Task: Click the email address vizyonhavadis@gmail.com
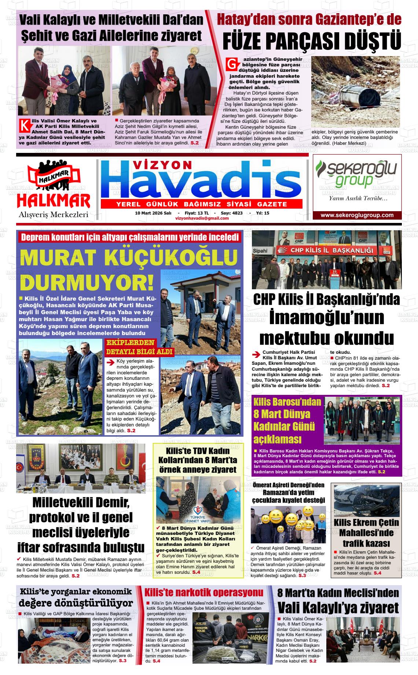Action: click(x=202, y=218)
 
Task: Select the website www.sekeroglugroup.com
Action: click(x=357, y=215)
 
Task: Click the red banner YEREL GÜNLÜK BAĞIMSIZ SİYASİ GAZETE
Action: click(x=201, y=204)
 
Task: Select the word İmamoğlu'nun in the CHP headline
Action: click(x=326, y=318)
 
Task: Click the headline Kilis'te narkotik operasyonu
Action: click(x=204, y=593)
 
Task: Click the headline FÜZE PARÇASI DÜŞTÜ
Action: click(x=312, y=41)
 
